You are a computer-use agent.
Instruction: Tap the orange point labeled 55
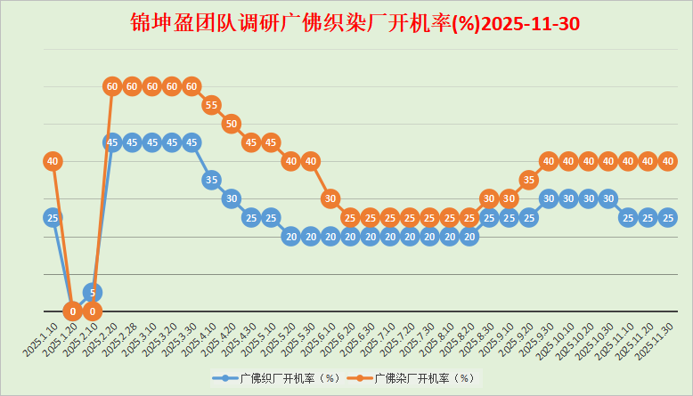coord(211,105)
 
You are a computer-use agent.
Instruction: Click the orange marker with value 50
coord(231,124)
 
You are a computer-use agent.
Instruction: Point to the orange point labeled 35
coord(528,180)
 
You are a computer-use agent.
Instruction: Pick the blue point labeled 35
coord(211,180)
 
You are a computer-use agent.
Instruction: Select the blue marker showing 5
coord(92,292)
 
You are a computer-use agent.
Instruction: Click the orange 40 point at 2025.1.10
coord(53,161)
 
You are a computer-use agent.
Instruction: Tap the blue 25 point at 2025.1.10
coord(53,217)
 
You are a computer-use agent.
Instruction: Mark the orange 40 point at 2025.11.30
coord(668,161)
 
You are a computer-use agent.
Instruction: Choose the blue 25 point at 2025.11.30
coord(668,217)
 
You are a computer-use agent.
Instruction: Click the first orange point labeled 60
coord(111,86)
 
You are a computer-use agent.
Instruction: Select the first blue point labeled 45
coord(111,142)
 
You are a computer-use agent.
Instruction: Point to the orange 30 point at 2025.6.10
coord(330,198)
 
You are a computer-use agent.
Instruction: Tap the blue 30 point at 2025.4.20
coord(231,198)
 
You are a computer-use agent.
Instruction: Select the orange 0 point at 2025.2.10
coord(92,311)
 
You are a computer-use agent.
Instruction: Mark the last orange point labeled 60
coord(191,86)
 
